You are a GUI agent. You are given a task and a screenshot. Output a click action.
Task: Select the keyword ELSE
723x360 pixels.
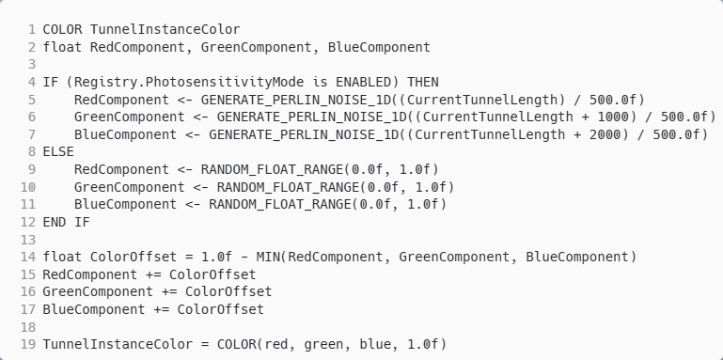59,151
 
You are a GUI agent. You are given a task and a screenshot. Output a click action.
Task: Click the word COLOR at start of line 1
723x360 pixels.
63,29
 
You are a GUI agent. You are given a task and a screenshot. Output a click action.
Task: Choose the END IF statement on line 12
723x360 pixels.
67,222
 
